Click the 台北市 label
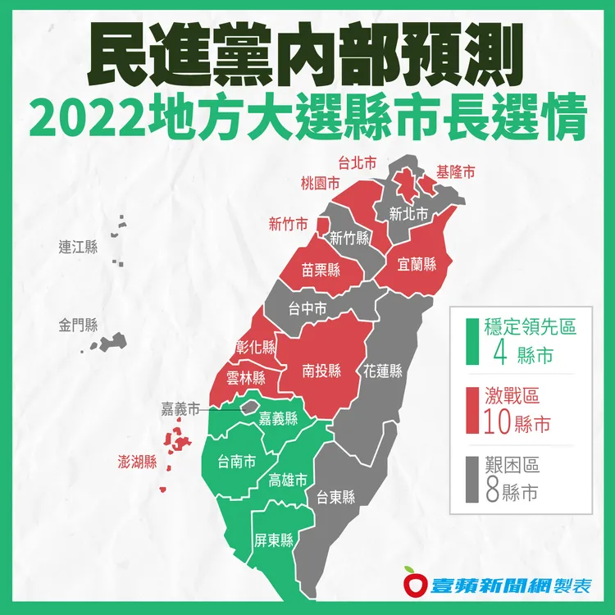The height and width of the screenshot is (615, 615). [358, 164]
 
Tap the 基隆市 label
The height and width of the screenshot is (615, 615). [456, 173]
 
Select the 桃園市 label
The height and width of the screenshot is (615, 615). [320, 183]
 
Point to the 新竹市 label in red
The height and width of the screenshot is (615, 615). [289, 223]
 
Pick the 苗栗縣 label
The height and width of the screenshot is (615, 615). [321, 270]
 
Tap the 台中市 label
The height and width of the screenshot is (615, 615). [308, 309]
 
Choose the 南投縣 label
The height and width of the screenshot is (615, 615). [321, 370]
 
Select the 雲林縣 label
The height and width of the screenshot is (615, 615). [246, 379]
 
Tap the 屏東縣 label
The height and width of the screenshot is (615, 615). [275, 540]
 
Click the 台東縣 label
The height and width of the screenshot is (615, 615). [336, 497]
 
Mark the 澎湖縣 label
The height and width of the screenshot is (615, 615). [138, 462]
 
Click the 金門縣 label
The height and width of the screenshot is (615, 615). [78, 326]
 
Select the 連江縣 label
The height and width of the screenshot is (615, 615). [78, 247]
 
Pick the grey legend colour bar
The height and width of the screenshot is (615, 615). [471, 480]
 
